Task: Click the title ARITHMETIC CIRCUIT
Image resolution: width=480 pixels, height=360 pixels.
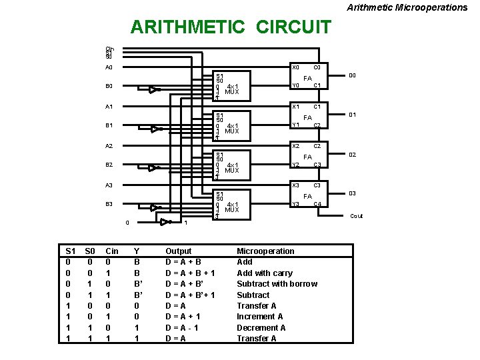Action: coord(231,27)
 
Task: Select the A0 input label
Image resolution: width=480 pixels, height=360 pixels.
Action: coord(109,67)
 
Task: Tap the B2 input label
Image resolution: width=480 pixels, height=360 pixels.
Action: coord(109,165)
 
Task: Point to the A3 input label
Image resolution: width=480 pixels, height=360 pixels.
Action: coord(109,185)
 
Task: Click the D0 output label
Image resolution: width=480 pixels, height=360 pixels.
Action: coord(352,75)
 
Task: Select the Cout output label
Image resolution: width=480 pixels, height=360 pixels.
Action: coord(357,216)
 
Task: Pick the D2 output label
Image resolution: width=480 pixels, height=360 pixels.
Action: coord(352,155)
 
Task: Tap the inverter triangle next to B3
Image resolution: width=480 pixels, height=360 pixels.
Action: coord(154,207)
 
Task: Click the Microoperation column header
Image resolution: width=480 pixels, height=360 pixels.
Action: coord(265,251)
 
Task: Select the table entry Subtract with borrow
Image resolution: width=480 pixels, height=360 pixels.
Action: coord(277,284)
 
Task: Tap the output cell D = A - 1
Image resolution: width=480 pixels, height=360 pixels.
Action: coord(185,327)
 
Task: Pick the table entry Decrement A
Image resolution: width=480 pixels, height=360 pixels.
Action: coord(262,327)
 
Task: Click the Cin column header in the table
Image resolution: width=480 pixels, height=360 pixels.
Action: coord(112,251)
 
